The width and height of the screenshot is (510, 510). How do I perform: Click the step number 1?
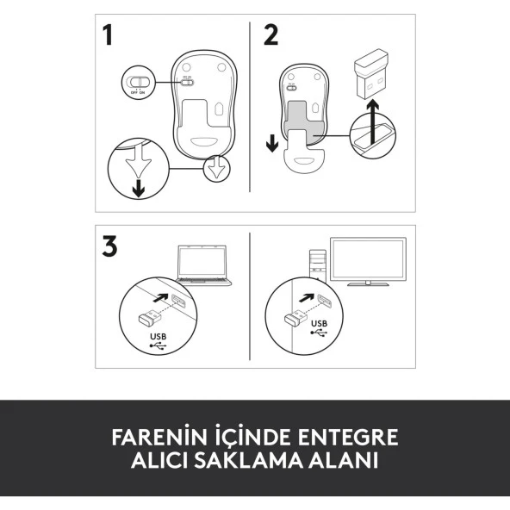coord(108,35)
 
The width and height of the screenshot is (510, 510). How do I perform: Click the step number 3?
coord(109,246)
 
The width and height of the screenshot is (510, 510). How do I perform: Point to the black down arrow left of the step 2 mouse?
coord(272,142)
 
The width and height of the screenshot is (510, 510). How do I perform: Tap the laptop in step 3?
coord(204,264)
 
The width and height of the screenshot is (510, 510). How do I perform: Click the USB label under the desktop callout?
coord(320,325)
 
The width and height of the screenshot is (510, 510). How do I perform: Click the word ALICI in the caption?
coord(160,461)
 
